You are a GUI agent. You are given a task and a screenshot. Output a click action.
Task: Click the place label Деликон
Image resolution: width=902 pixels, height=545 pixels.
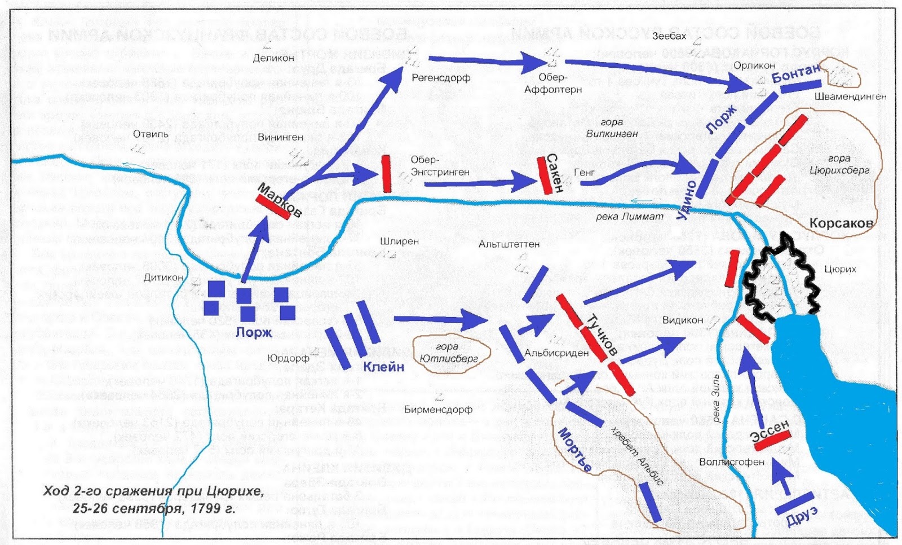tap(273, 58)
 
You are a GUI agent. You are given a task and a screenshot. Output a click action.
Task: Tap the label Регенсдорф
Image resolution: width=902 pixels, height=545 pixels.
tap(441, 78)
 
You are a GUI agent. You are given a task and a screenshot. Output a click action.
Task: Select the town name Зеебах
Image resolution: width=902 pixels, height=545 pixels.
tap(669, 36)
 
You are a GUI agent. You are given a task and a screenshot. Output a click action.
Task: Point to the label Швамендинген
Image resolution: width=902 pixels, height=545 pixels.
tap(850, 96)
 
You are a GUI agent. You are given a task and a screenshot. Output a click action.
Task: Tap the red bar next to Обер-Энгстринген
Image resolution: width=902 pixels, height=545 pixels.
tap(386, 174)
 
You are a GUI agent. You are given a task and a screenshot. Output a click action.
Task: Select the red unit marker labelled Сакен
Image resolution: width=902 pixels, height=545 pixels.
tap(545, 175)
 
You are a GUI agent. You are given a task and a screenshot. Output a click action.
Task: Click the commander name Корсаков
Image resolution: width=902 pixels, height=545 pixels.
tap(841, 223)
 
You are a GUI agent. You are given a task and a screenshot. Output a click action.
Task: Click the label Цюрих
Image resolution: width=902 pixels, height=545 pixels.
tap(840, 270)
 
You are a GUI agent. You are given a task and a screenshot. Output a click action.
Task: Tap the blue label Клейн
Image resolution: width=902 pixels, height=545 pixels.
tap(383, 367)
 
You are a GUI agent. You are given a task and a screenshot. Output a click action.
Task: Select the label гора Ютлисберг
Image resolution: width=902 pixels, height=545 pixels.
tap(448, 353)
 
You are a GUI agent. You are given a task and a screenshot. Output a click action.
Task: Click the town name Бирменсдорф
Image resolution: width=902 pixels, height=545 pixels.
tap(438, 410)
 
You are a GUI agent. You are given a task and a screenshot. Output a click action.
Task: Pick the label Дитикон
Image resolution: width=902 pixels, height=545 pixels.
tap(163, 278)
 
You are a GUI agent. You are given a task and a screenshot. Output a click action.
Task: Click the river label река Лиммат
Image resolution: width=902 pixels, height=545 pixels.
tap(630, 217)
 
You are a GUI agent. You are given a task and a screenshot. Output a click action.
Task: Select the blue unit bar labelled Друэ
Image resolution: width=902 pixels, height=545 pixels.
tap(795, 503)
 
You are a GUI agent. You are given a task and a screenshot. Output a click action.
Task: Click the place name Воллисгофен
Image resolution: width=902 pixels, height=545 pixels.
tap(732, 462)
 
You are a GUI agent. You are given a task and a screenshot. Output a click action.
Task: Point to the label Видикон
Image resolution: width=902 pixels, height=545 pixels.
tap(683, 320)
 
